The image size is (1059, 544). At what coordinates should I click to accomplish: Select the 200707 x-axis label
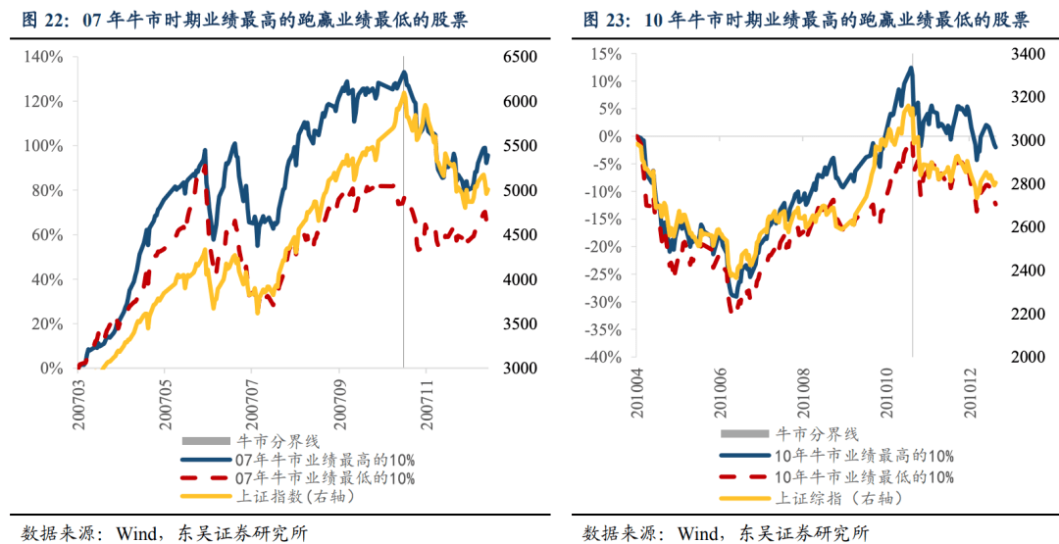pyautogui.click(x=252, y=399)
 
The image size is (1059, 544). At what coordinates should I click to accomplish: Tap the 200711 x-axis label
pyautogui.click(x=427, y=399)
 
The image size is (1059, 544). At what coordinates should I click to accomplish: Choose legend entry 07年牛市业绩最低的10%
pyautogui.click(x=324, y=478)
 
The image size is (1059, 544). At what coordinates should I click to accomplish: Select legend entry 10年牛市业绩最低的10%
pyautogui.click(x=864, y=476)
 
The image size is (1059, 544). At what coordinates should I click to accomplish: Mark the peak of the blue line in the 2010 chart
pyautogui.click(x=911, y=68)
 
